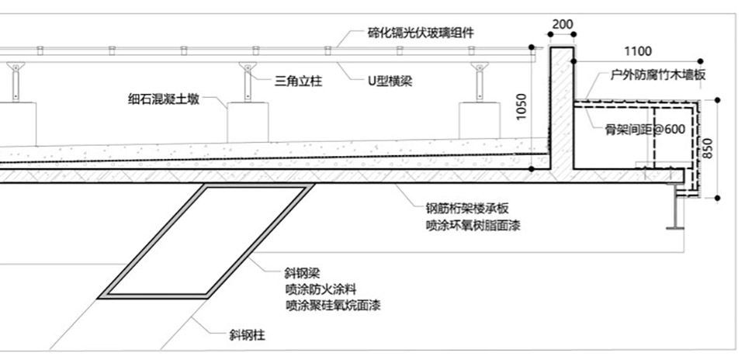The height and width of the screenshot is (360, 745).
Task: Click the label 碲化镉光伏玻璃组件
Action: pos(421,33)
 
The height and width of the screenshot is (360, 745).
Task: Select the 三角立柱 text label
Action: pos(298,81)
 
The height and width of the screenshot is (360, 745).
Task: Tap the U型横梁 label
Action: pos(390,81)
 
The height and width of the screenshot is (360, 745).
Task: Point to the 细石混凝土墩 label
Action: pos(164,99)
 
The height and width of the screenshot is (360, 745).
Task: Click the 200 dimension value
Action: pos(563,24)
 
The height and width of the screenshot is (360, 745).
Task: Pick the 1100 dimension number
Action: pos(638,51)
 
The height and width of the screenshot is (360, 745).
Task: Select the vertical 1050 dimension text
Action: pos(521,107)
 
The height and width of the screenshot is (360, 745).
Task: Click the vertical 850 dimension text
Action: pos(708,149)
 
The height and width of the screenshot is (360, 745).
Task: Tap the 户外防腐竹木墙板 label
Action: pos(658,75)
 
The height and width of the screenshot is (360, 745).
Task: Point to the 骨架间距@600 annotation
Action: pos(645,130)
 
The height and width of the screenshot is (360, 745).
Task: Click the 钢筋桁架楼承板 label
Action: pos(467,209)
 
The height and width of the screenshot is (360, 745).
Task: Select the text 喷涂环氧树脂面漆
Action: pos(473,225)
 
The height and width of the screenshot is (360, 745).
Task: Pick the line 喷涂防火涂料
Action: pos(321,289)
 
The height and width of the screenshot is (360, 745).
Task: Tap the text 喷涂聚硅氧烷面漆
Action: pos(333,305)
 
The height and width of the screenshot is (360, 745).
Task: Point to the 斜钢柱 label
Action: pos(247,336)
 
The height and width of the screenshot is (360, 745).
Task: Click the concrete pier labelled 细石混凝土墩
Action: pos(248,122)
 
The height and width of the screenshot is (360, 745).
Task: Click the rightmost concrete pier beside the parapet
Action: pos(479,120)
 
